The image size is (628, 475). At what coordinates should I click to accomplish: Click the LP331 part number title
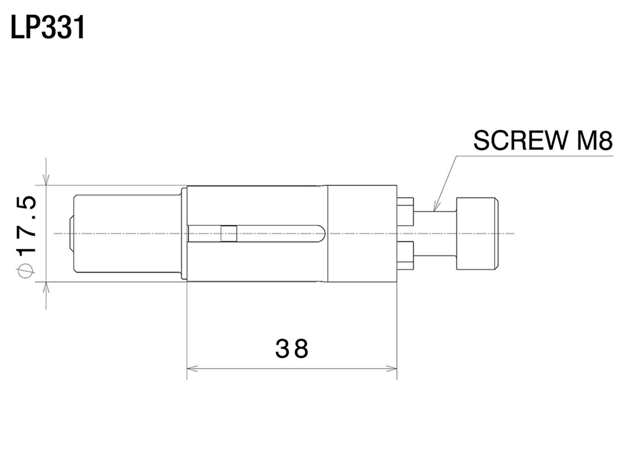[x=48, y=28]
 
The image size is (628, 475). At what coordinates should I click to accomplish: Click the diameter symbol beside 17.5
[x=26, y=270]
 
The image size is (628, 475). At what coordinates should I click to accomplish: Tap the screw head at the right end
[x=477, y=233]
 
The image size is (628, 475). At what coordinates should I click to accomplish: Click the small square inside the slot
[x=229, y=234]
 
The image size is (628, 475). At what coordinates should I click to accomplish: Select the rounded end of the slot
[x=322, y=234]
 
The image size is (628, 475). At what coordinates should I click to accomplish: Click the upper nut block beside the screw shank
[x=405, y=211]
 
